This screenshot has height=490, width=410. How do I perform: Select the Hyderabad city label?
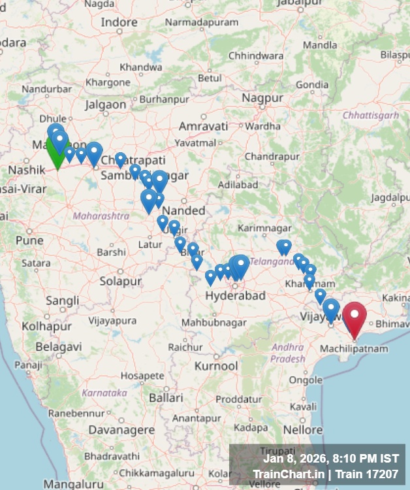click(235, 295)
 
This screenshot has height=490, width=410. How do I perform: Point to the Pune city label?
click(29, 240)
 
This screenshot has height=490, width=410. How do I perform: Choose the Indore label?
click(119, 22)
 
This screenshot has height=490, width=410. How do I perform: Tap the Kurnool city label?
click(215, 366)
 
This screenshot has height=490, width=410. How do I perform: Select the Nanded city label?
click(183, 210)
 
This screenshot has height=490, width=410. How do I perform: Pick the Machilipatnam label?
click(353, 348)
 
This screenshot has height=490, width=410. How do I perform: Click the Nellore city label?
click(302, 429)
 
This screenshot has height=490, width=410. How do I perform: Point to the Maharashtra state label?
click(101, 215)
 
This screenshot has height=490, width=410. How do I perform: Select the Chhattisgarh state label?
click(370, 115)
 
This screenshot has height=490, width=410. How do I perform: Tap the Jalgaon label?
click(105, 104)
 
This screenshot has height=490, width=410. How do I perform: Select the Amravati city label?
click(203, 125)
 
